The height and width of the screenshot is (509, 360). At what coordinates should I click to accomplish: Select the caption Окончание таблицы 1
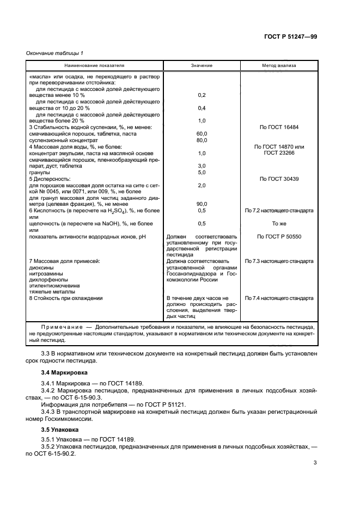[54, 53]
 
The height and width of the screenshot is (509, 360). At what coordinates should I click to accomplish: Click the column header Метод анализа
[279, 65]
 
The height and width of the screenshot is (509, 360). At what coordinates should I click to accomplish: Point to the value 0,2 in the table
[202, 95]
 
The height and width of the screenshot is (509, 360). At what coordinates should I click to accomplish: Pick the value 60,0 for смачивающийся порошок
[202, 133]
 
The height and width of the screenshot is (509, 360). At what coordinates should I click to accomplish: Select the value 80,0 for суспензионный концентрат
[202, 140]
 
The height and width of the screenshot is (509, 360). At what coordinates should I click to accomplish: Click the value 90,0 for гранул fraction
[202, 204]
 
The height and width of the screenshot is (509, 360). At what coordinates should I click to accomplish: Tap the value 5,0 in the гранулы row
[202, 172]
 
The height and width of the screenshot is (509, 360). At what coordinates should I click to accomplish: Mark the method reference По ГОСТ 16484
[279, 127]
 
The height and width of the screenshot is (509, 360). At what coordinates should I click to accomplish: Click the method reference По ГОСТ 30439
[279, 179]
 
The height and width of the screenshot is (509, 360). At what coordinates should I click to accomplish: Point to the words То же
[279, 223]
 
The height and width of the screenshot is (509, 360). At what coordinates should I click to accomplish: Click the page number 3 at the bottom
[315, 463]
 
